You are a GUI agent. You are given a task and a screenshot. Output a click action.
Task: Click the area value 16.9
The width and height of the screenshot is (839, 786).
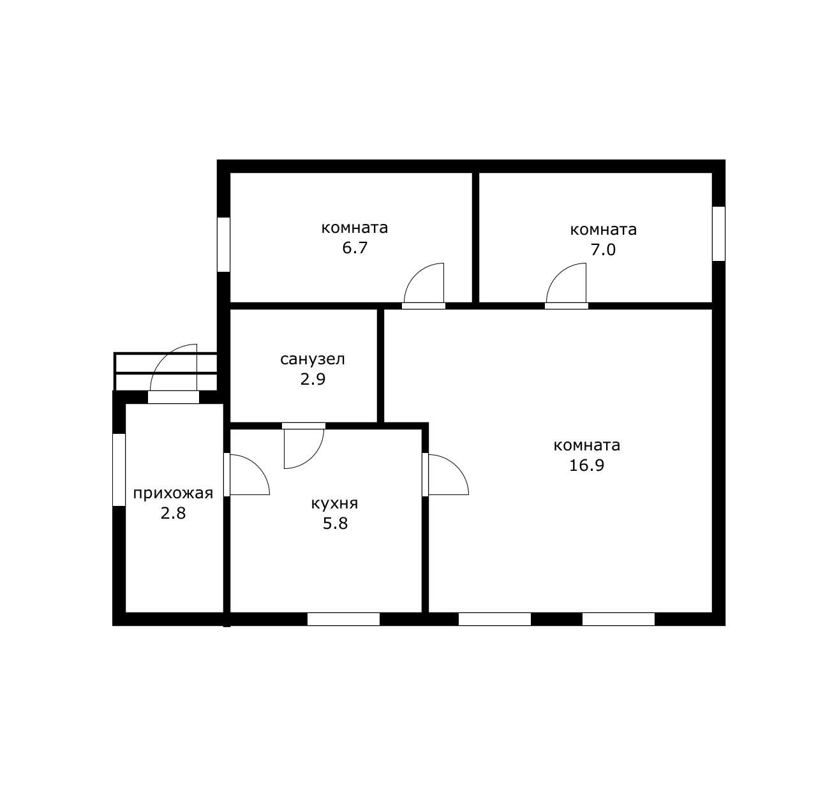(x=586, y=465)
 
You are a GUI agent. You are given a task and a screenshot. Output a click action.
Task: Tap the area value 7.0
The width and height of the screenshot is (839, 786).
(x=603, y=249)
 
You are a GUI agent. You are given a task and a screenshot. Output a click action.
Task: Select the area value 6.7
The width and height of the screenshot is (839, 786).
(x=355, y=248)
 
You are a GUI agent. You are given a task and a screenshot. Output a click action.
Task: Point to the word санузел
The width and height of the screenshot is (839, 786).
(x=313, y=359)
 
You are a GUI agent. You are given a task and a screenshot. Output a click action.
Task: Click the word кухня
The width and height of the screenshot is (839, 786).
(x=334, y=504)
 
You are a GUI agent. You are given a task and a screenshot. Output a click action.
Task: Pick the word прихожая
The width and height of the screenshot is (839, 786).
(x=173, y=493)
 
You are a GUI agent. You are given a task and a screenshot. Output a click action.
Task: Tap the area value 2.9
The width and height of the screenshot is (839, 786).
(x=313, y=380)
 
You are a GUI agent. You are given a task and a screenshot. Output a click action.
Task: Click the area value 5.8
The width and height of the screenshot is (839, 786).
(x=335, y=524)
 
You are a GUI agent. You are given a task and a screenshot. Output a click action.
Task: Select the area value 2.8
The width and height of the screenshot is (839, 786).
(x=173, y=514)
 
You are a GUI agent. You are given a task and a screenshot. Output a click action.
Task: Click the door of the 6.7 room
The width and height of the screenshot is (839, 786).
(x=424, y=286)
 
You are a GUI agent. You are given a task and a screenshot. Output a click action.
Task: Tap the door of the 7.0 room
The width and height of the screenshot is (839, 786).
(x=567, y=286)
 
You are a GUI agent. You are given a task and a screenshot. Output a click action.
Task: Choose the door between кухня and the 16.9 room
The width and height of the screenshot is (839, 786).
(x=445, y=475)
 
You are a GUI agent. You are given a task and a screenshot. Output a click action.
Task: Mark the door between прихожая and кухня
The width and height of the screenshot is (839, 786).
(x=246, y=475)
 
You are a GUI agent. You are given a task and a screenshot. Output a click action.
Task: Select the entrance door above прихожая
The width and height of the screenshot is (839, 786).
(x=174, y=374)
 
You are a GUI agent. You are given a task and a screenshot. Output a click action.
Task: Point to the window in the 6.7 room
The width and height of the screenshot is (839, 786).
(x=223, y=245)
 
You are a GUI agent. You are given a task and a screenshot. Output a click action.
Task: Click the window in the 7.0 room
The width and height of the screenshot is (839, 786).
(x=718, y=234)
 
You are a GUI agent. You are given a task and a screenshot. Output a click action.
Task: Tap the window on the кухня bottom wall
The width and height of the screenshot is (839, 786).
(x=343, y=619)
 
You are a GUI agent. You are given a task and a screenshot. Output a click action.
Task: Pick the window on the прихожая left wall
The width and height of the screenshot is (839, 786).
(x=119, y=470)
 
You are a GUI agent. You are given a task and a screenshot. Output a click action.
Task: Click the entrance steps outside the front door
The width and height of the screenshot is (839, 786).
(x=166, y=372)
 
